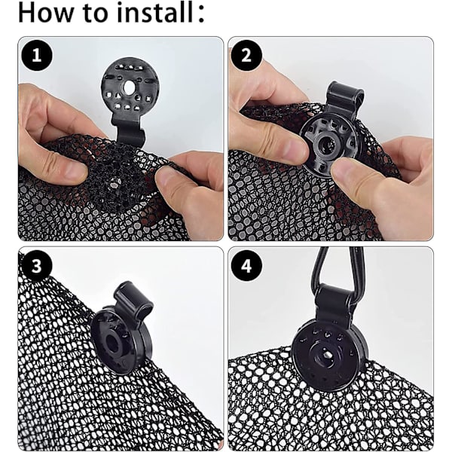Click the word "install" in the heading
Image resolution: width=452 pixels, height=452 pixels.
(155, 13)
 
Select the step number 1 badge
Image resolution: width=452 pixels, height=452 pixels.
(37, 55)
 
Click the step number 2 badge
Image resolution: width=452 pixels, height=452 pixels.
(246, 55)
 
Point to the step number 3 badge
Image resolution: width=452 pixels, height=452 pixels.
(37, 265)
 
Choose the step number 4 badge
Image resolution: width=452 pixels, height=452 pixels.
(246, 265)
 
